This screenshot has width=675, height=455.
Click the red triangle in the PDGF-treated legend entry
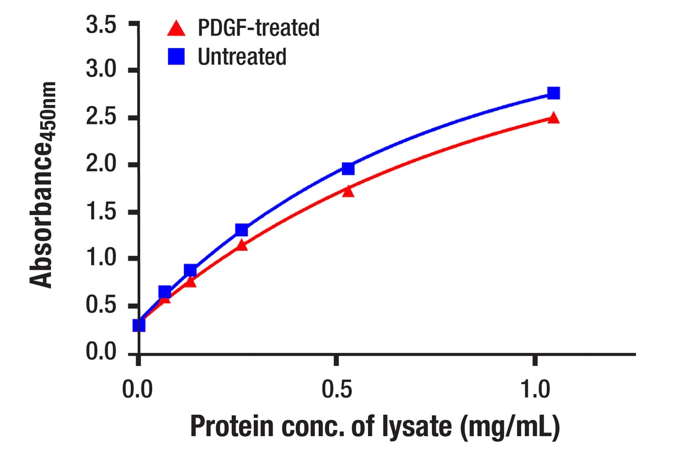pos(176,27)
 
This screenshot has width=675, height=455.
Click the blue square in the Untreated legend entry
pos(176,57)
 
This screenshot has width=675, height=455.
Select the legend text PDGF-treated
pos(259,28)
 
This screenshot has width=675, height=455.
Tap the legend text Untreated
pos(242,57)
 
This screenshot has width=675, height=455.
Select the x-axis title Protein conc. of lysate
pos(374,428)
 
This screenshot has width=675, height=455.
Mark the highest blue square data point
pos(554,93)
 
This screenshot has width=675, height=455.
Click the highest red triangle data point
pos(554,117)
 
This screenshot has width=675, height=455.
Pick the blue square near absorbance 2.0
pos(348,169)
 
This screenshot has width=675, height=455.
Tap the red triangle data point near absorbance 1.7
pos(348,191)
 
